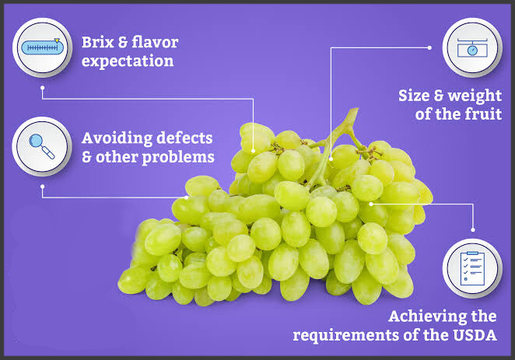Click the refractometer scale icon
click(x=42, y=47)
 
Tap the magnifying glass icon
click(x=42, y=146)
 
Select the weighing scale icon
click(x=472, y=47)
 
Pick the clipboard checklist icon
click(x=472, y=268)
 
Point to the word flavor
click(x=155, y=42)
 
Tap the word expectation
click(x=128, y=61)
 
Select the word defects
click(x=184, y=138)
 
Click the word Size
click(x=414, y=96)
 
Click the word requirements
click(x=346, y=336)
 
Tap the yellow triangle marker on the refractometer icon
click(x=57, y=40)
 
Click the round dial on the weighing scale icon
click(x=472, y=51)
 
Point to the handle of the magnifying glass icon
click(x=48, y=153)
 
